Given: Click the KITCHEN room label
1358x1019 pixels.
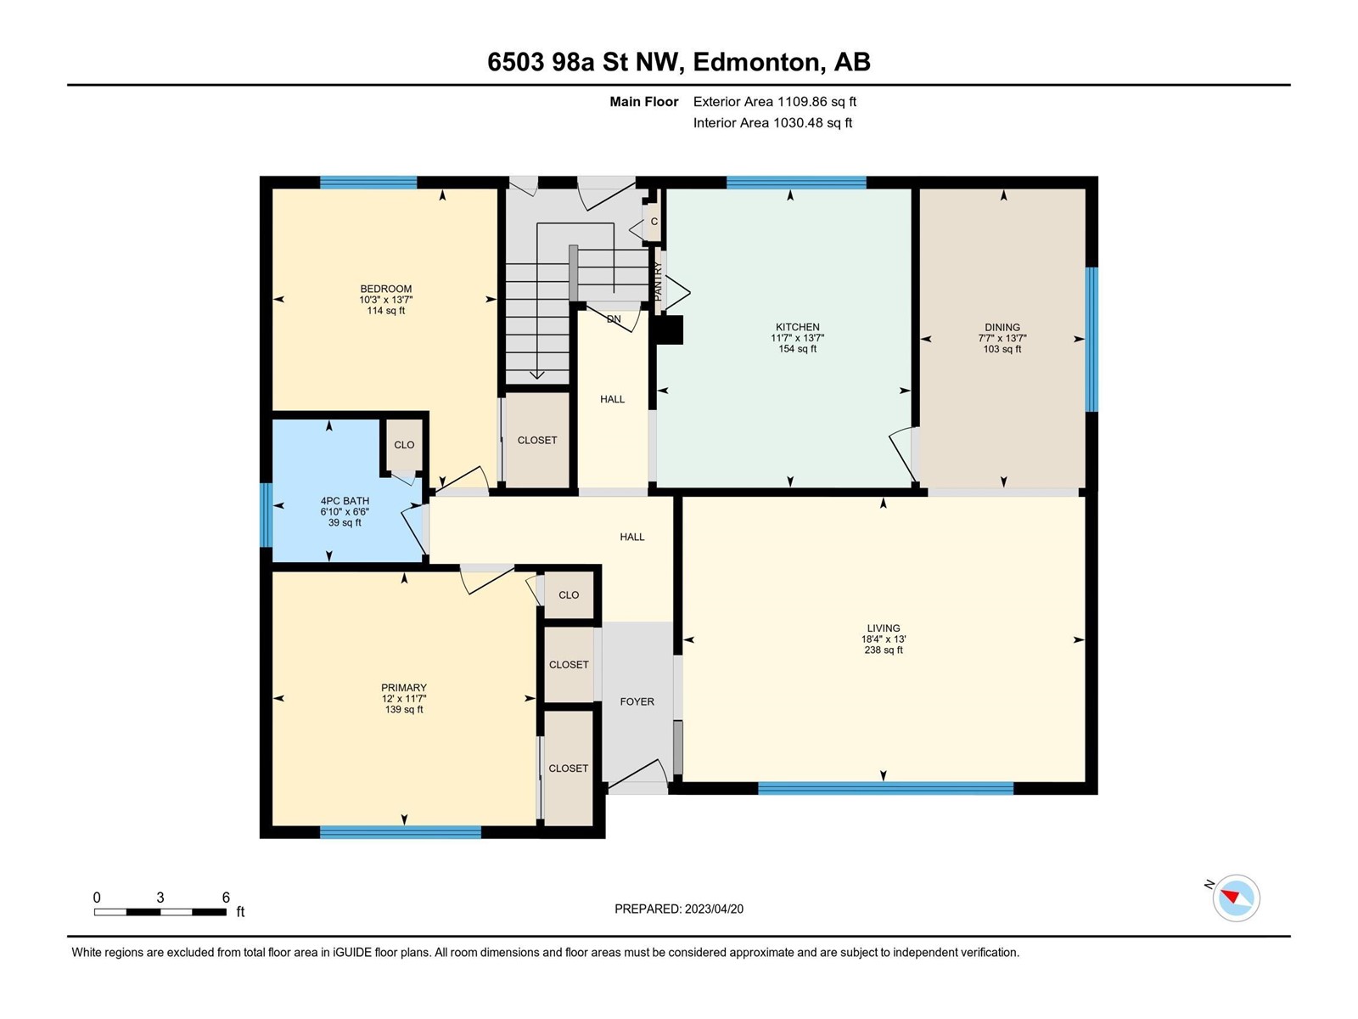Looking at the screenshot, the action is [797, 327].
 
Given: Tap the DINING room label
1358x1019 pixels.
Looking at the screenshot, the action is [1002, 327].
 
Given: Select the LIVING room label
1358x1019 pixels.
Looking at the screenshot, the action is [883, 628].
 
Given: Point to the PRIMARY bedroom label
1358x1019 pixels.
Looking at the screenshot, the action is [403, 687].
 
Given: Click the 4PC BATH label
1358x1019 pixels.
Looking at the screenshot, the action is [345, 500].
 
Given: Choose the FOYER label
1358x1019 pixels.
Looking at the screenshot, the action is [637, 701].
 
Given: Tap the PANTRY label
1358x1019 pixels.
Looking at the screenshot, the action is [657, 282].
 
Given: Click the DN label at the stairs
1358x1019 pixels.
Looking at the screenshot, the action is [613, 319].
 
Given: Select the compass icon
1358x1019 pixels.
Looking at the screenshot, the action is [1236, 898].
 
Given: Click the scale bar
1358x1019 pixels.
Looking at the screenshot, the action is [160, 911].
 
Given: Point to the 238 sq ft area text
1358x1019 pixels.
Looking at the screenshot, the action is [883, 650].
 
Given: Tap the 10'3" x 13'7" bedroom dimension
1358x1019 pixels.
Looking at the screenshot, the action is [385, 300].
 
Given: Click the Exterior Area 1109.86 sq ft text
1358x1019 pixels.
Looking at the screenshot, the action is [774, 101].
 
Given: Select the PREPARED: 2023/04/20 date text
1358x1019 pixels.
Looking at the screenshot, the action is [679, 909].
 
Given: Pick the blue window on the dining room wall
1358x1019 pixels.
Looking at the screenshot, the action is [1091, 339].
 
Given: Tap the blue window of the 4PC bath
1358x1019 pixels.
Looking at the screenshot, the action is [266, 515].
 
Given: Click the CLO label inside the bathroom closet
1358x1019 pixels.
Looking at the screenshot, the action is [404, 445].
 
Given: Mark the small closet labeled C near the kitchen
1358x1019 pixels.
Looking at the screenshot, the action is [653, 221].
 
